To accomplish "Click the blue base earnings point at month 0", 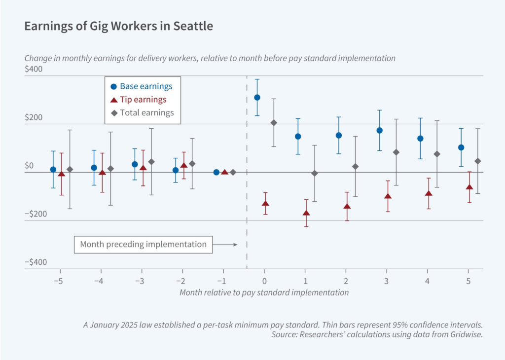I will point(257,98).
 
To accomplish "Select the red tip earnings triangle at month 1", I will point(306,213).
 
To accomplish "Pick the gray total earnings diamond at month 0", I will point(274,122).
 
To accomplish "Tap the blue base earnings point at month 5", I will point(461,147).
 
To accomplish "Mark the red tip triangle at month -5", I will point(61,174).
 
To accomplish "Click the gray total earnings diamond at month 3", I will point(396,152).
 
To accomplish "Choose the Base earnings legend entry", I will point(142,86).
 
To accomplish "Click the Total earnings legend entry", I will point(143,112).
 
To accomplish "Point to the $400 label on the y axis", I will point(34,69).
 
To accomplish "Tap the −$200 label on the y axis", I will point(36,214).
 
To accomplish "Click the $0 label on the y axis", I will point(29,165).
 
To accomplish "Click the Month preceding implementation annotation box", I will point(143,244).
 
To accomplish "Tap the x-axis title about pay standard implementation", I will point(264,292).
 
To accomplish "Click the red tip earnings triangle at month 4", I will point(429,193).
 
